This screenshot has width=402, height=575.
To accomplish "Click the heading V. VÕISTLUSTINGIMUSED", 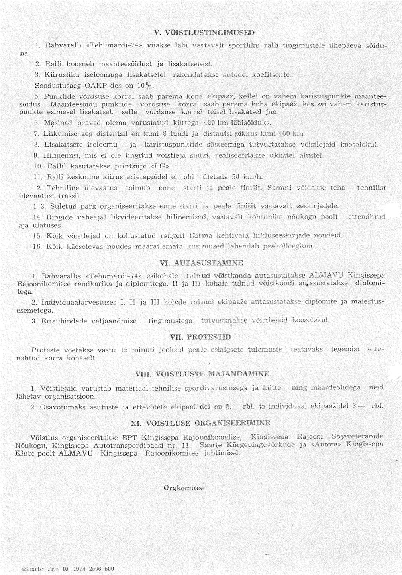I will click(204, 32).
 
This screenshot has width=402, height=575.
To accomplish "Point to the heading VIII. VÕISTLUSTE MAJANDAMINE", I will click(202, 374).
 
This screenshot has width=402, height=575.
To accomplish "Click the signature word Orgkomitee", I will click(183, 488).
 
